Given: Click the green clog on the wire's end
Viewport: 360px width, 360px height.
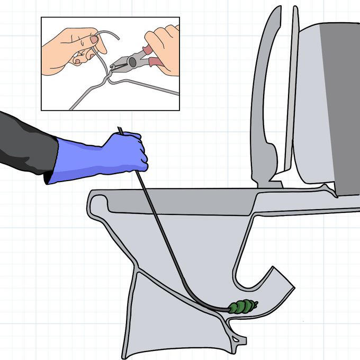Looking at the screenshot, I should (244, 307).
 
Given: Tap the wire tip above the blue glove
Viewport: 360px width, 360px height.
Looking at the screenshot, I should (120, 130).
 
